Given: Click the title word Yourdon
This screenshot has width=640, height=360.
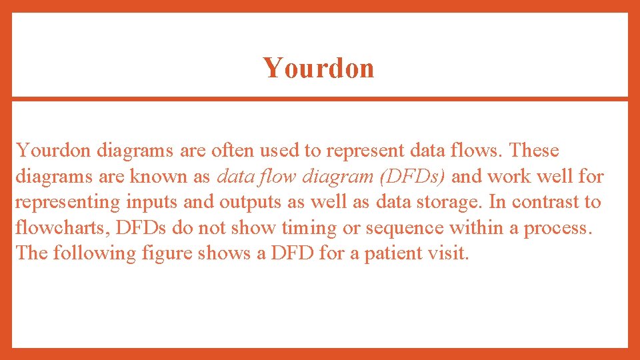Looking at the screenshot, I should [318, 68].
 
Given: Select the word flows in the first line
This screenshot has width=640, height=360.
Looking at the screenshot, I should [478, 151].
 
